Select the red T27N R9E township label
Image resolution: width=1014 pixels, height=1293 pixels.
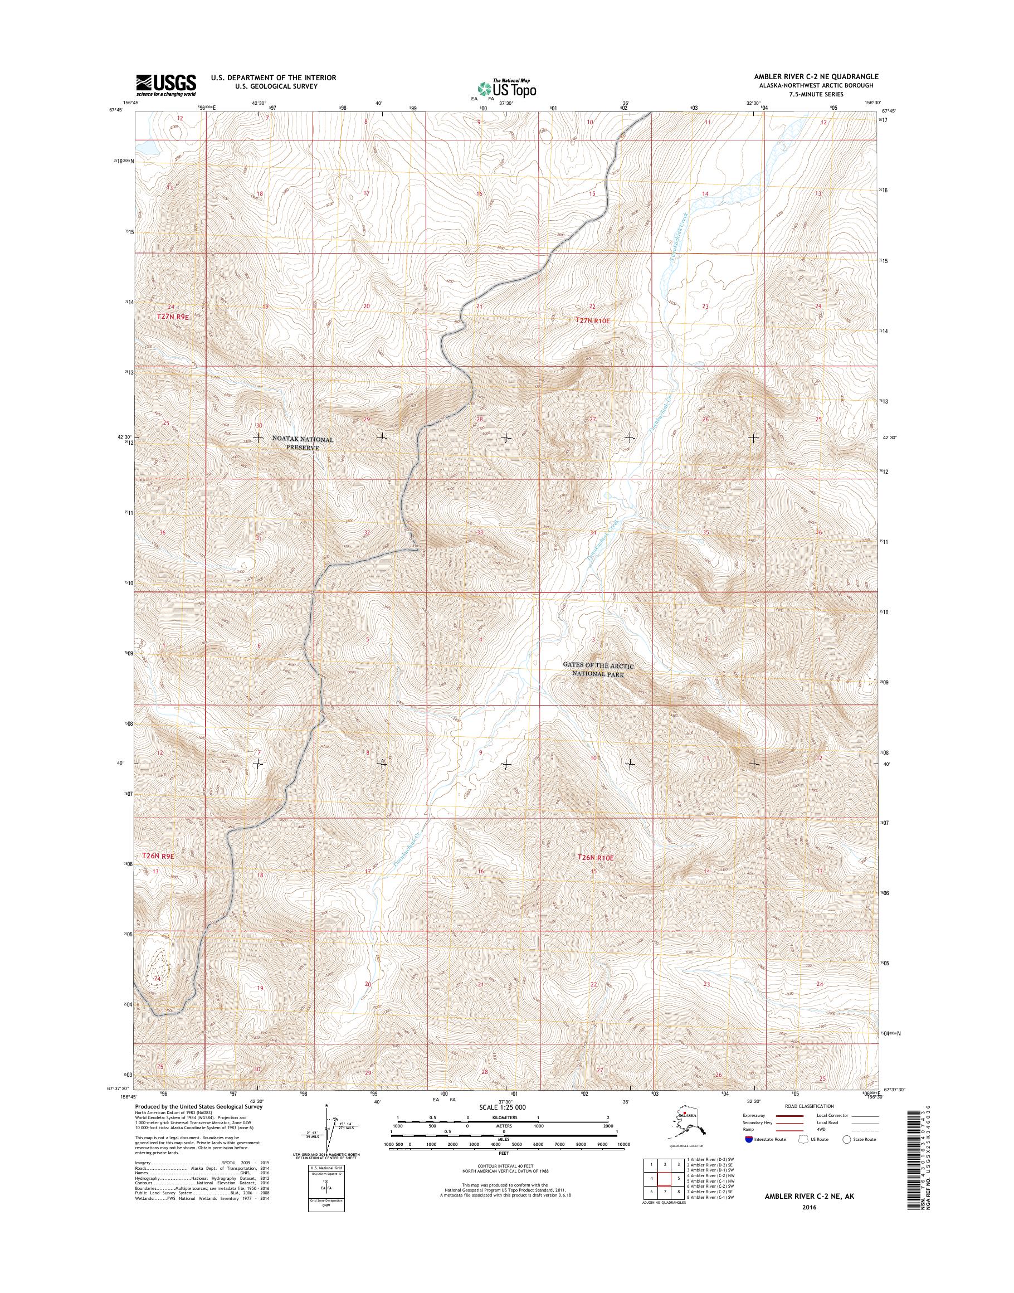point(172,317)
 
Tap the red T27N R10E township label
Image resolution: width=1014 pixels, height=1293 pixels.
point(592,320)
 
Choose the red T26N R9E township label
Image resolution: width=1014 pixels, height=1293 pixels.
point(158,856)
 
